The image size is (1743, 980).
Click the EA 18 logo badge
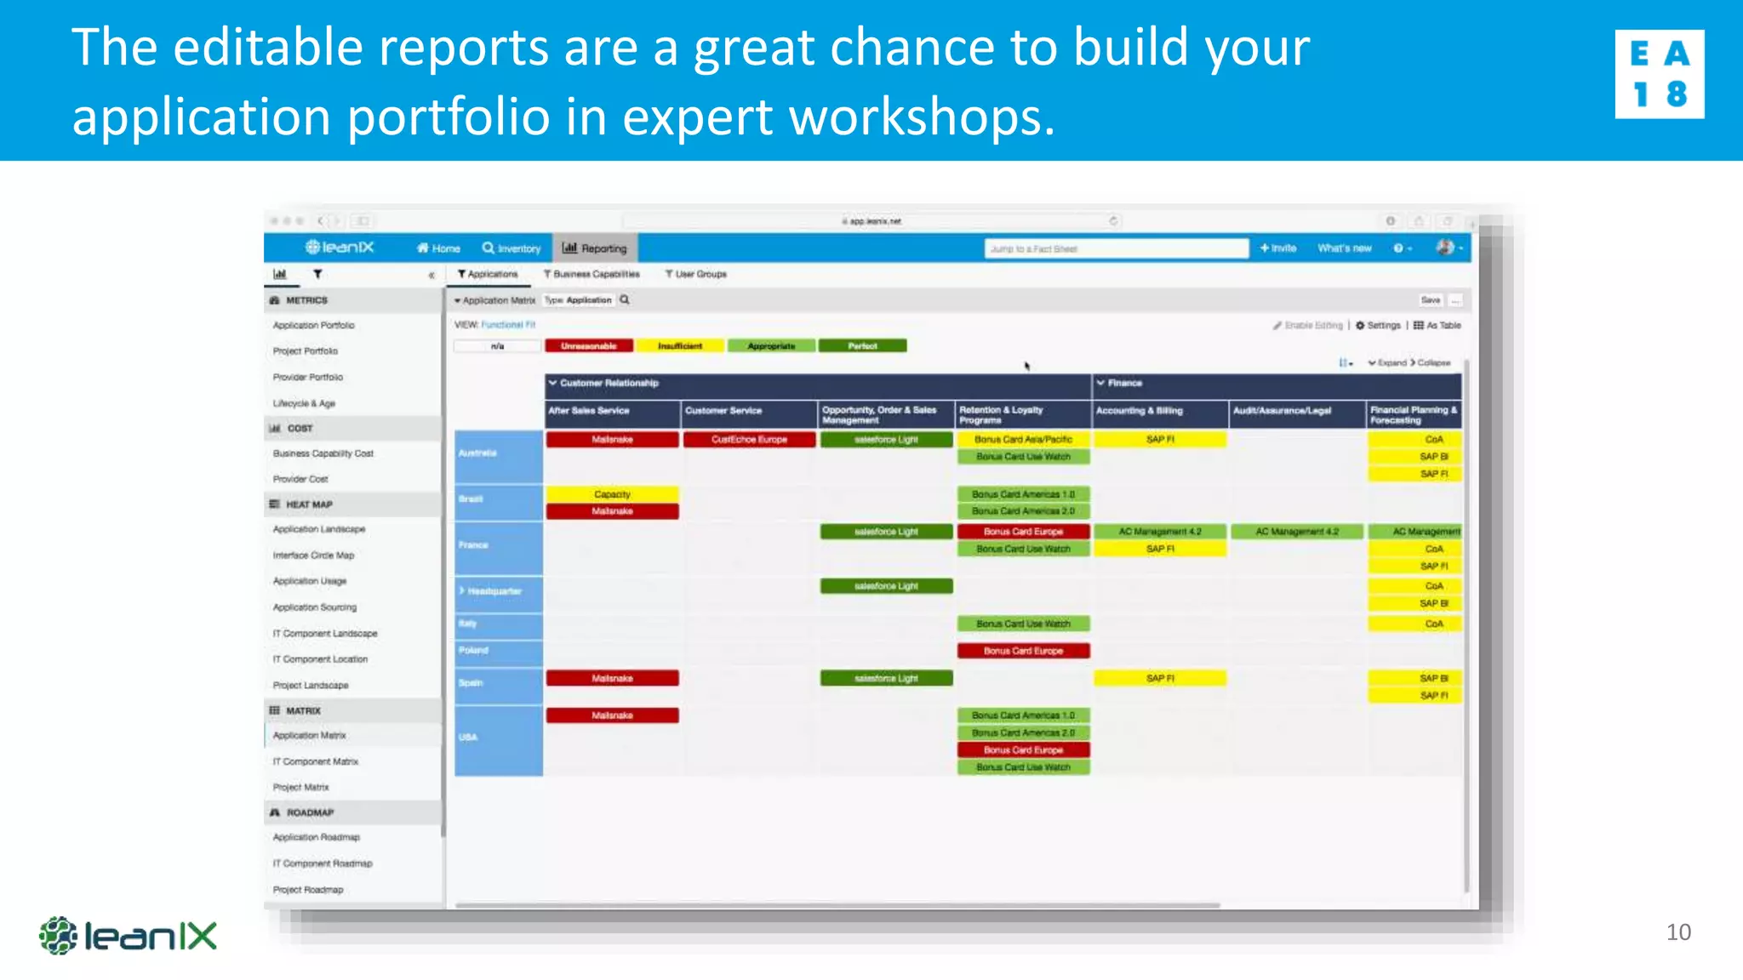point(1659,74)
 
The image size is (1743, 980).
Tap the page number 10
point(1678,932)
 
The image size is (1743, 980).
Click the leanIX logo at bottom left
point(128,936)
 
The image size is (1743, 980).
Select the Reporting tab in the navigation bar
point(595,248)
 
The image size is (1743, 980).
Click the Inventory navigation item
point(511,248)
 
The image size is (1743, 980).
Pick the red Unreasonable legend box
point(588,346)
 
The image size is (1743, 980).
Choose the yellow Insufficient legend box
point(680,346)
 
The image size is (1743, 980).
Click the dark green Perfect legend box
point(862,346)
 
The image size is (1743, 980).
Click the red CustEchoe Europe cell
point(749,440)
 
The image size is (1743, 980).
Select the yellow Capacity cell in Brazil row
point(612,494)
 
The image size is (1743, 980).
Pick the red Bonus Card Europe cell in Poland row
point(1023,652)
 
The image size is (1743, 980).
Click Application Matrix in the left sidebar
point(310,736)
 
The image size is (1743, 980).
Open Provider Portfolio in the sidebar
point(308,378)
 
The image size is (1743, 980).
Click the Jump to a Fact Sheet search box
point(1116,249)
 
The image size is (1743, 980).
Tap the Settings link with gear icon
point(1378,326)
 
